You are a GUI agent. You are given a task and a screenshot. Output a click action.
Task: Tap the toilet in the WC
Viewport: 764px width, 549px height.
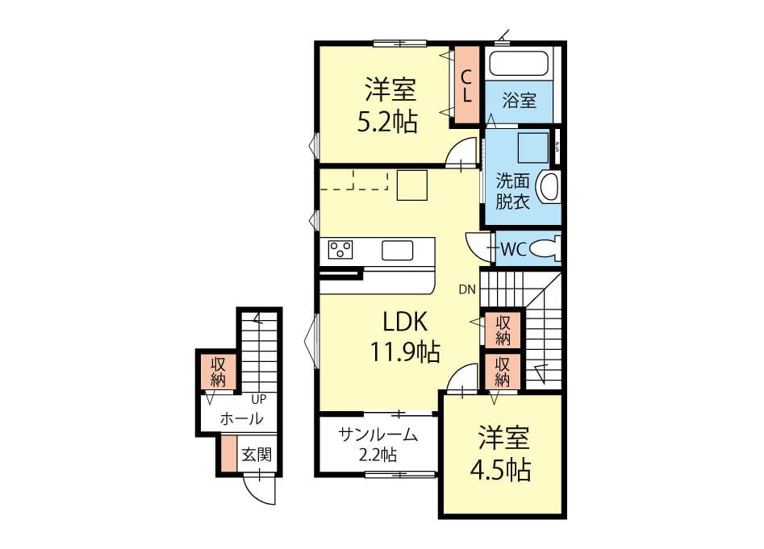pos(545,249)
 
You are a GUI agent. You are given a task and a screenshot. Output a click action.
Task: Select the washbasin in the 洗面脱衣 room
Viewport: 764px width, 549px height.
pos(549,186)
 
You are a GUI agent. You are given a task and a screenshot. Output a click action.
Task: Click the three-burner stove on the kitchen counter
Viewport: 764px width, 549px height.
pos(340,250)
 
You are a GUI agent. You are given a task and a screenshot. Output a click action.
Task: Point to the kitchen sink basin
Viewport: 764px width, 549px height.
pos(397,250)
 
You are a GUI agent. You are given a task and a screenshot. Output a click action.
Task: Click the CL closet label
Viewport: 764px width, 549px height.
pos(467,85)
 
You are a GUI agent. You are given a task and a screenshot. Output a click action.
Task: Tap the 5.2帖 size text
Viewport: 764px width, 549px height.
pos(388,123)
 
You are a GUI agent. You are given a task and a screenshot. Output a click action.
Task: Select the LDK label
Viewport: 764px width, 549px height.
pos(405,322)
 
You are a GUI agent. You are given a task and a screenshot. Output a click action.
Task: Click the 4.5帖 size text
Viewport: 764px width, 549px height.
pos(500,470)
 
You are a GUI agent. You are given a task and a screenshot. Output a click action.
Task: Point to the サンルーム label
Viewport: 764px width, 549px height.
pos(378,435)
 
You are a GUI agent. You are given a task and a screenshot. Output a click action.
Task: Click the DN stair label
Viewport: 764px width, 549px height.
pos(467,289)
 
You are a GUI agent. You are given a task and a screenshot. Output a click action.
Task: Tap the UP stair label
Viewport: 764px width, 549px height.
pos(259,399)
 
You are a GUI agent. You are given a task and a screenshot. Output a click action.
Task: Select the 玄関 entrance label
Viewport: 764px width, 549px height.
pos(257,455)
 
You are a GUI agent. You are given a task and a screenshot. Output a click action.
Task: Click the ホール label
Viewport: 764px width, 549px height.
pos(242,418)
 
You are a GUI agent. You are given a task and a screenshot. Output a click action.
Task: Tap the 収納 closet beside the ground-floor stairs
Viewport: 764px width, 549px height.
pos(219,372)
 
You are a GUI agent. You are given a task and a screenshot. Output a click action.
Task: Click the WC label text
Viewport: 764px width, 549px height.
pos(514,249)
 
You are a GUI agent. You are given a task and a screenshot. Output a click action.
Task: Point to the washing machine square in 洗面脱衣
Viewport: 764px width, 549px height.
pos(533,148)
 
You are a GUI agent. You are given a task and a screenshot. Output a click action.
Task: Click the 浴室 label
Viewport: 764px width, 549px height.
pos(519,101)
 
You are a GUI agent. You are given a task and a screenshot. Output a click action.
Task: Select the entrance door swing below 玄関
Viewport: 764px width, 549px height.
pos(259,489)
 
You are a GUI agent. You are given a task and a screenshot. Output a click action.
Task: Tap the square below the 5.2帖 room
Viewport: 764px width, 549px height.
pos(412,185)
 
